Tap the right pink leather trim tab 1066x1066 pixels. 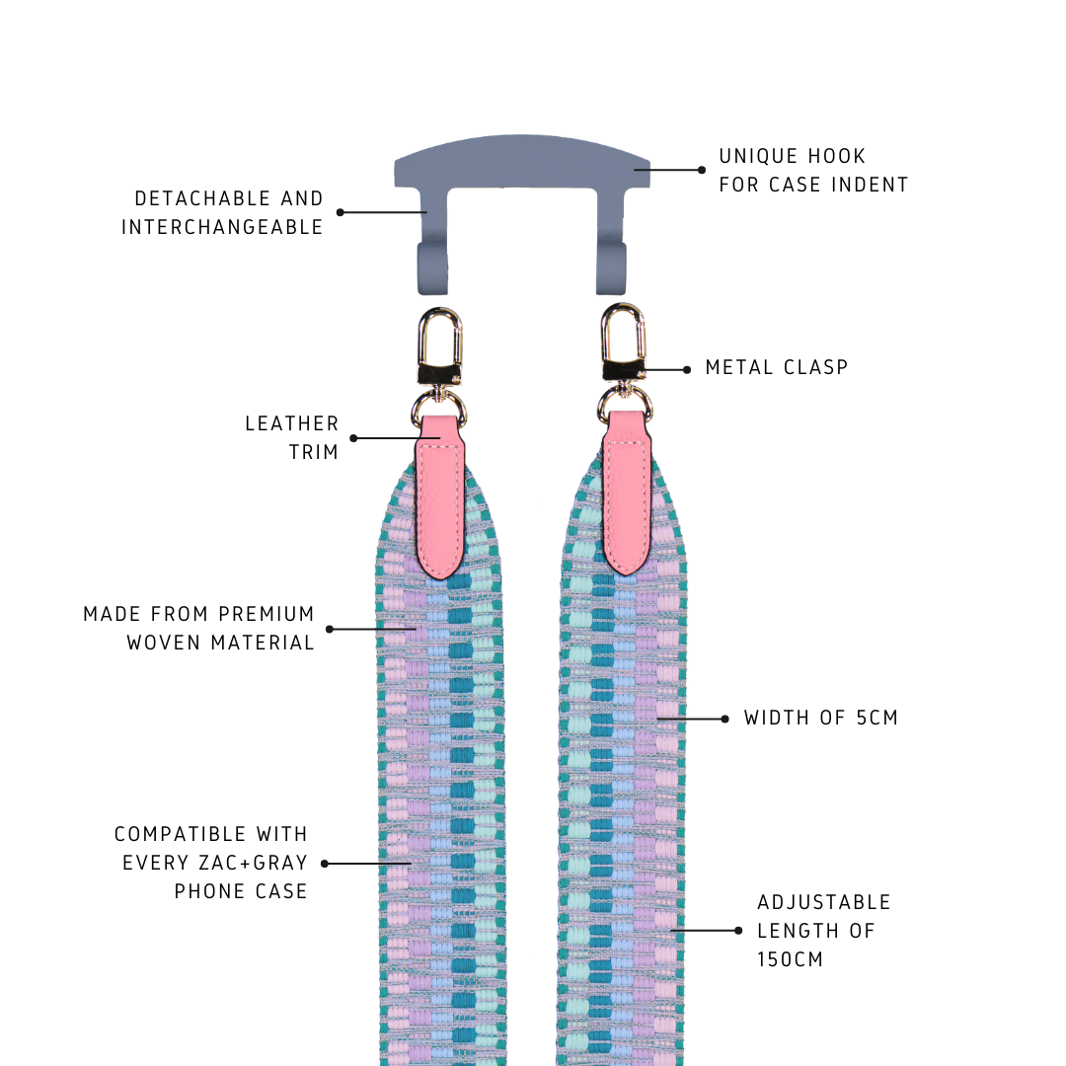(x=627, y=493)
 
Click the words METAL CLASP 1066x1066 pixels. (x=777, y=368)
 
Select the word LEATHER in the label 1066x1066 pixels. (x=292, y=424)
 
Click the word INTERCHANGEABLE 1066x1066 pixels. (x=222, y=227)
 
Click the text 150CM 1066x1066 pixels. (x=791, y=959)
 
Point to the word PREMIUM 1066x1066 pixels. (x=266, y=614)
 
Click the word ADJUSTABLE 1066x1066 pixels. (x=824, y=902)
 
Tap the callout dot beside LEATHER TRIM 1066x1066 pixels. (x=353, y=438)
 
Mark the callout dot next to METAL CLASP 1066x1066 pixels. (x=687, y=370)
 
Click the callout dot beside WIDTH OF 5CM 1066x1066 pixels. (x=725, y=719)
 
